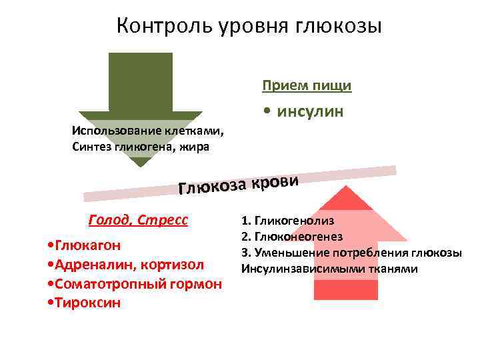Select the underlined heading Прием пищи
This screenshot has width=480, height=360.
307,87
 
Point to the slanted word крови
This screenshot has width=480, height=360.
274,179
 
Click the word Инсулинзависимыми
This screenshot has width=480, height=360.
294,269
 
